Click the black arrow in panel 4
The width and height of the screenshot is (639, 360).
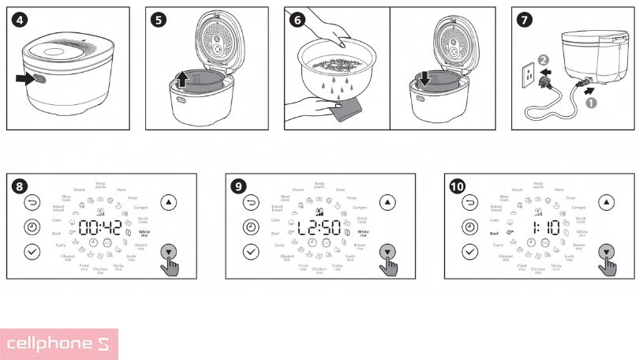point(33,78)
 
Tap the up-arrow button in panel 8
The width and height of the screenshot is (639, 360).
point(168,202)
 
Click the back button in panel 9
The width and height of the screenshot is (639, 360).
point(251,202)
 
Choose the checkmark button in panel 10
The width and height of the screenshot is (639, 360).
point(470,252)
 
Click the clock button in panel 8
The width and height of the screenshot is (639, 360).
point(32,227)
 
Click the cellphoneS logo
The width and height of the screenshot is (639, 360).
point(59,344)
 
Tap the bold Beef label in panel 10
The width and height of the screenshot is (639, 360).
point(494,234)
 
